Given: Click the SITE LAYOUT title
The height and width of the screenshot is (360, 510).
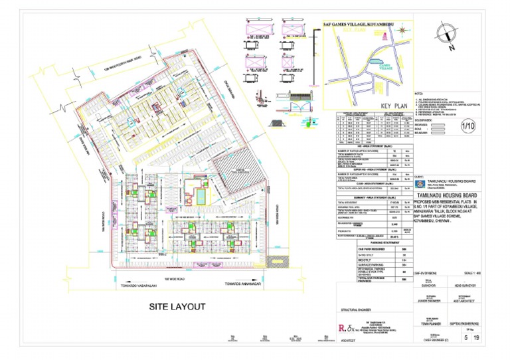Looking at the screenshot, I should coord(177,307).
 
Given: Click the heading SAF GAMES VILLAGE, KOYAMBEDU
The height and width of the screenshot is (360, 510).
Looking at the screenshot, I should coord(362,25).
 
